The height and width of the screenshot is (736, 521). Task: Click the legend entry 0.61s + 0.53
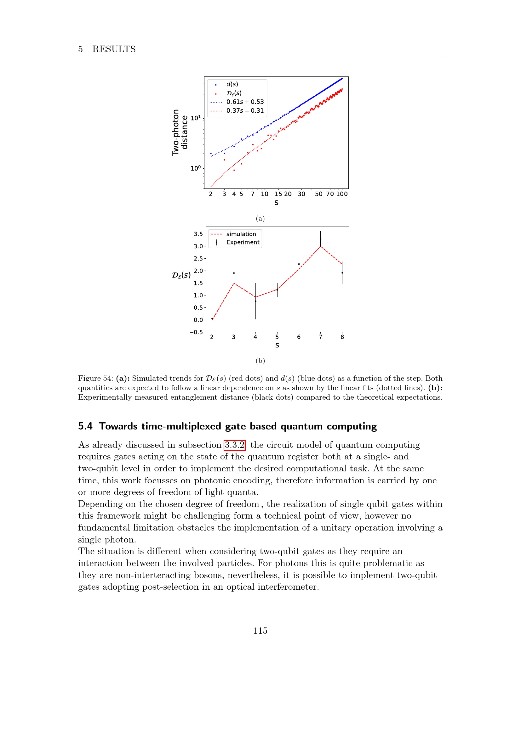(x=245, y=102)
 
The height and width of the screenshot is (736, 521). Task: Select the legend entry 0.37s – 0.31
(x=245, y=110)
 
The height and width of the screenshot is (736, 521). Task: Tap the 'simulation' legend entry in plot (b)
(x=241, y=234)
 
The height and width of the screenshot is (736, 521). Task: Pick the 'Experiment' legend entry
(x=243, y=242)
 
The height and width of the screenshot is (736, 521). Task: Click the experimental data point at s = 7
(x=320, y=239)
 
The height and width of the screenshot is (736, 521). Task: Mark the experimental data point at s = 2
(x=212, y=319)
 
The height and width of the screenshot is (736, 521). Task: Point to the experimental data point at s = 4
(x=256, y=301)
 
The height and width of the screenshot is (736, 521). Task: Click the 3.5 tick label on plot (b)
(x=198, y=234)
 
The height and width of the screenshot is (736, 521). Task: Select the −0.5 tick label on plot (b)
(x=196, y=332)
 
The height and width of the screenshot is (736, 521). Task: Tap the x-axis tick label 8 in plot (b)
(x=342, y=337)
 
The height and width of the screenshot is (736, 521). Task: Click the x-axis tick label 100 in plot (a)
(x=342, y=194)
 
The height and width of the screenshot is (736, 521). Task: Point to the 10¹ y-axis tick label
(x=196, y=118)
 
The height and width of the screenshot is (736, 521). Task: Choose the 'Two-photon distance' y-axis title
(x=180, y=132)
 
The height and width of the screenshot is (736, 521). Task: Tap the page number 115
(x=260, y=631)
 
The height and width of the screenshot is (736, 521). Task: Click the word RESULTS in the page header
(x=114, y=49)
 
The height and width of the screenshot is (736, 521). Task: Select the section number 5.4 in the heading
(x=85, y=426)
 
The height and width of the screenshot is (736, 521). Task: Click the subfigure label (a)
(x=260, y=219)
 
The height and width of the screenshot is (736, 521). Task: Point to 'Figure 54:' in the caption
(x=96, y=378)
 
